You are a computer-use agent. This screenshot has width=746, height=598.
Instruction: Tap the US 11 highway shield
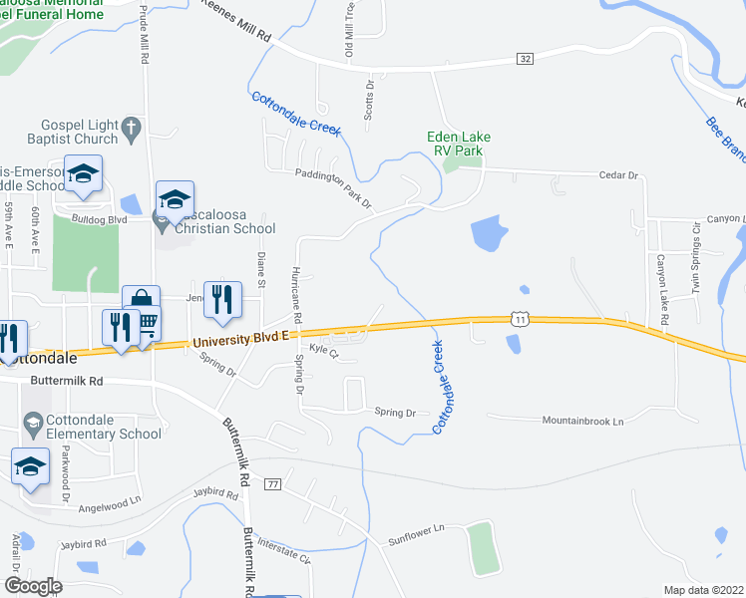pos(519,317)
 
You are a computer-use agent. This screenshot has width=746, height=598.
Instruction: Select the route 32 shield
pos(525,60)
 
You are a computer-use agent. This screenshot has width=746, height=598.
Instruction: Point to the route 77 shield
pos(273,483)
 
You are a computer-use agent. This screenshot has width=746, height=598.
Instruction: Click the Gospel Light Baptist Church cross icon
pos(130,127)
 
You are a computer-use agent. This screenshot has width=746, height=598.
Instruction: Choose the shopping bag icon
pos(141,301)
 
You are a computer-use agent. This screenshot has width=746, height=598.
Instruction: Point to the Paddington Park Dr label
pos(332,188)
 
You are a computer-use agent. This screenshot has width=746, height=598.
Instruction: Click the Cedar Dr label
pos(617,174)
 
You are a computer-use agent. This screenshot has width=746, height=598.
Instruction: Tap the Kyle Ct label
pos(324,350)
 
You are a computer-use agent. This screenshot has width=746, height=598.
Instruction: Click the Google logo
pos(32,585)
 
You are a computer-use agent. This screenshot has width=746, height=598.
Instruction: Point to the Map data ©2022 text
pos(703,590)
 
